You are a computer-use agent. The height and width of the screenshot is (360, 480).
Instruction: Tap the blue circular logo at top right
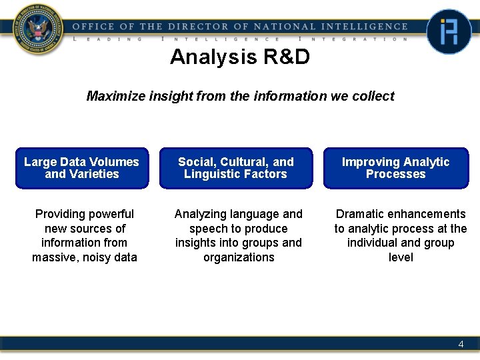point(449,31)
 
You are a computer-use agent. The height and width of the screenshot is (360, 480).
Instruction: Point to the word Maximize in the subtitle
point(111,96)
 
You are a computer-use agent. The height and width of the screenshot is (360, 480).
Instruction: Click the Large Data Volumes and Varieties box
point(81,168)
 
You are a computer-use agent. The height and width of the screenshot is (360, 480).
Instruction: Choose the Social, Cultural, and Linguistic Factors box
point(235,168)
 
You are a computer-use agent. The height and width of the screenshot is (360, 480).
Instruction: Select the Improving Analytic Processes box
point(395,168)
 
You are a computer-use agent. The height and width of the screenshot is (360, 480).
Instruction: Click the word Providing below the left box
point(61,214)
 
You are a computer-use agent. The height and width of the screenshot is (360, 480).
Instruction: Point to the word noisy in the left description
point(96,257)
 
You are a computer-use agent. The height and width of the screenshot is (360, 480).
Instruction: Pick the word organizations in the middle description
point(239,257)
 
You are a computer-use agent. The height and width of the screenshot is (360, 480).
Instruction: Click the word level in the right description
point(401,257)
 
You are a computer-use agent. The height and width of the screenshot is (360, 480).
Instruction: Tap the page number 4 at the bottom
point(461,345)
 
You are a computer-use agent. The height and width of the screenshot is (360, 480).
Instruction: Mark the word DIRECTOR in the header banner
point(198,27)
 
